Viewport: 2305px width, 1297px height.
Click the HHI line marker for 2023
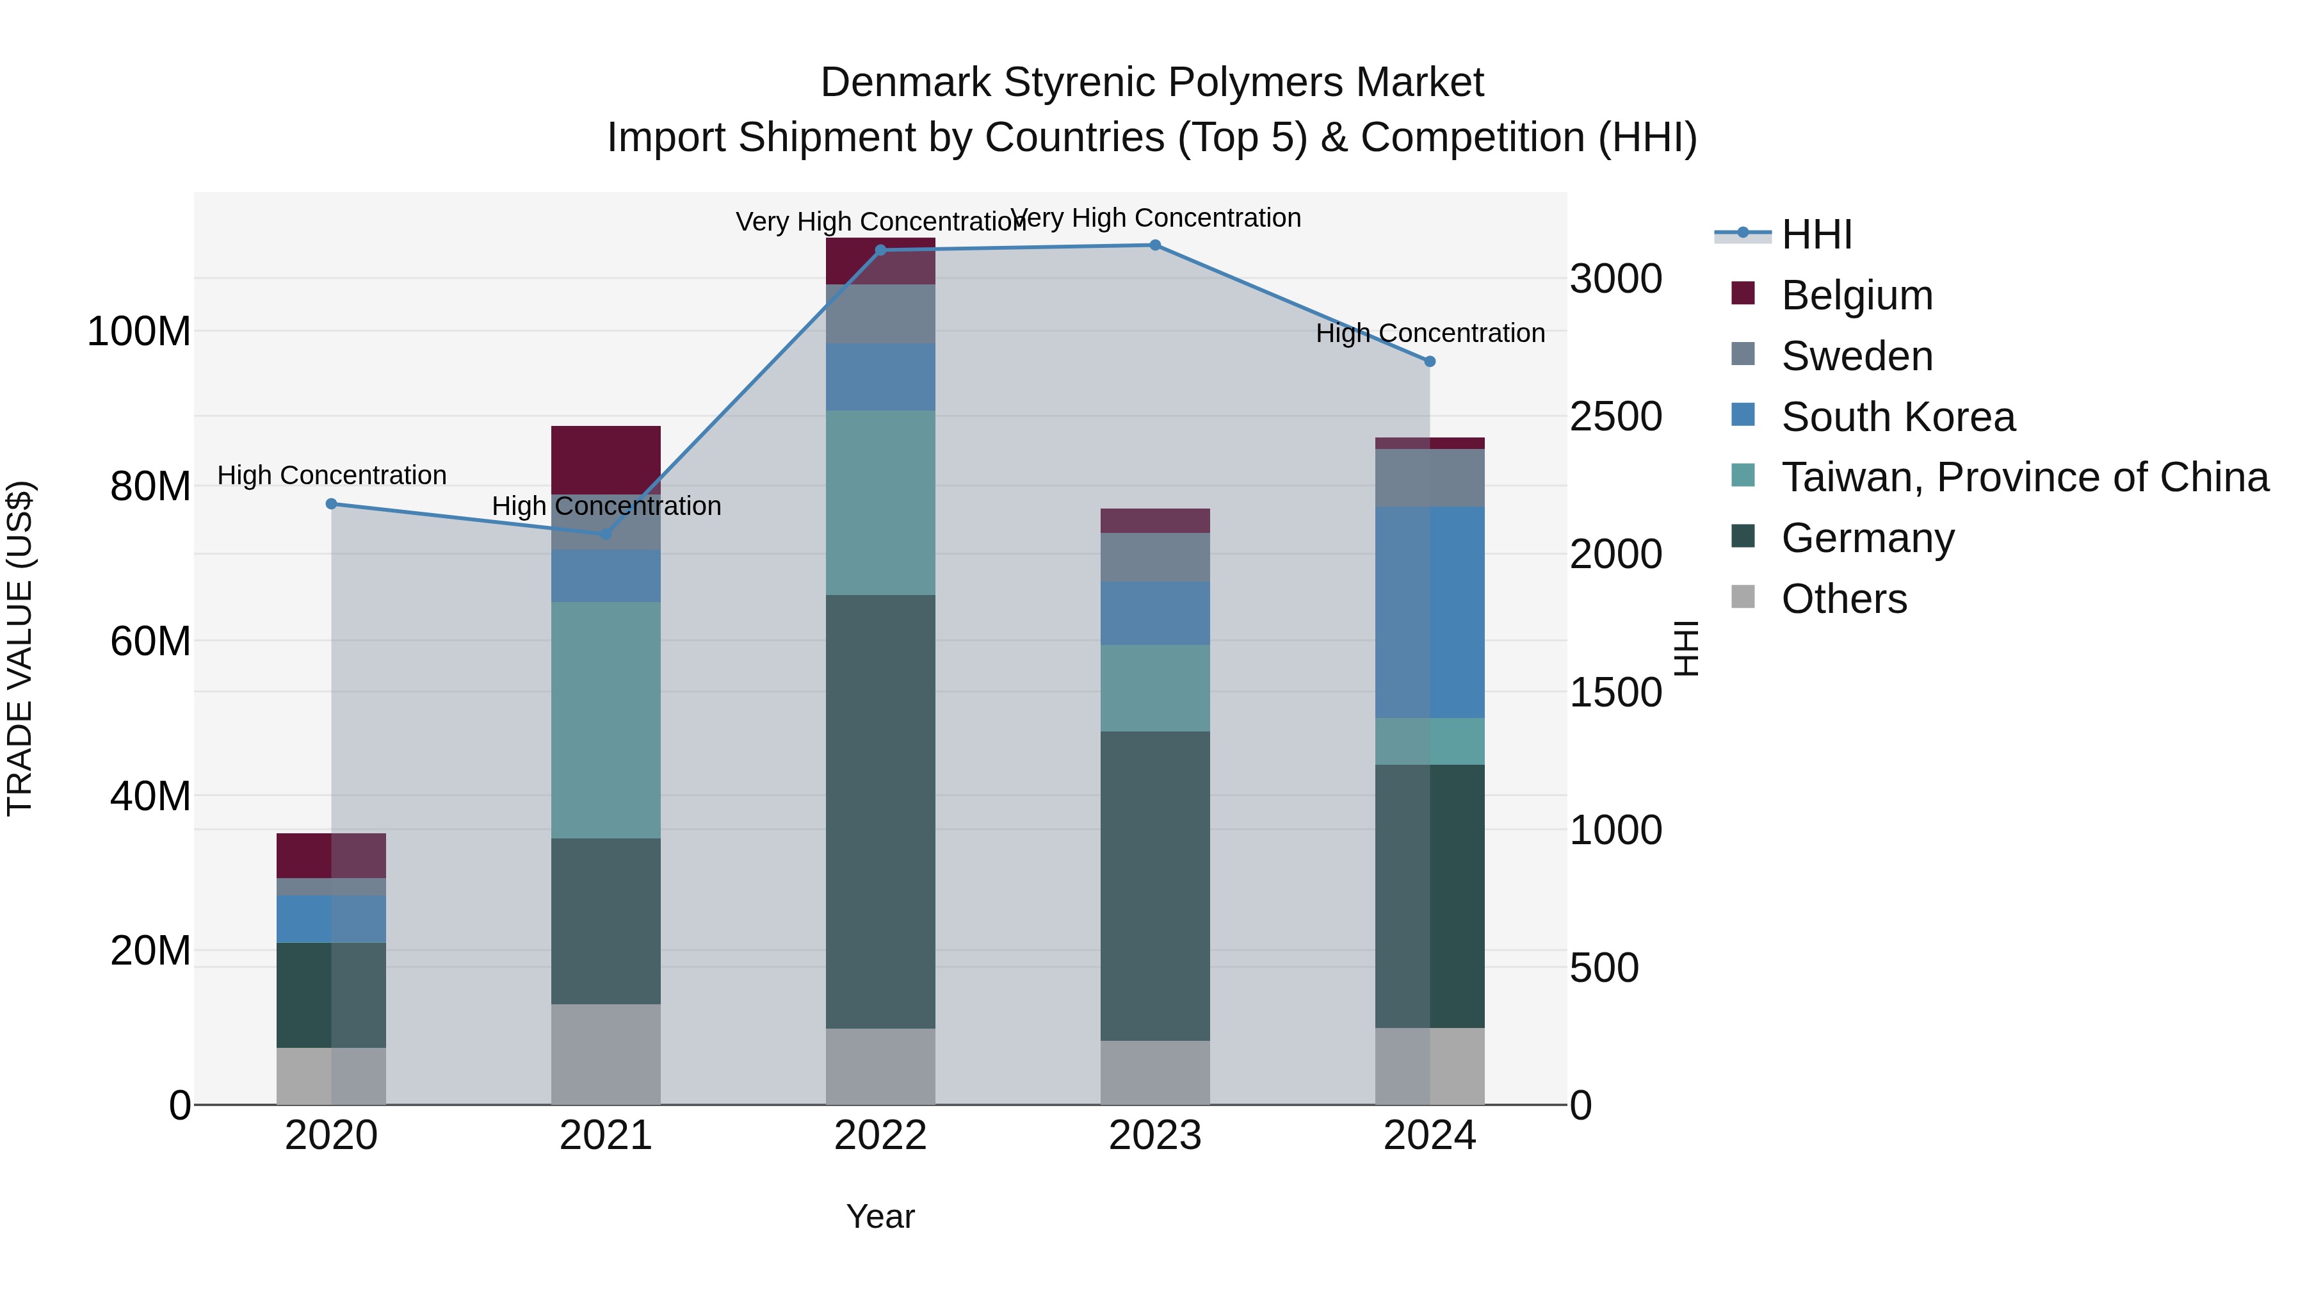[1154, 245]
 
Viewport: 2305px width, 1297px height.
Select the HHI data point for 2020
[331, 504]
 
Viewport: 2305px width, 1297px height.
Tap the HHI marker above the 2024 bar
[1429, 362]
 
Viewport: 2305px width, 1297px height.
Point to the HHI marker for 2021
[606, 534]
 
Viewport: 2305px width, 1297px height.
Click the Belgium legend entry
[1857, 295]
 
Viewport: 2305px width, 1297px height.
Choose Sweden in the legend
[1857, 356]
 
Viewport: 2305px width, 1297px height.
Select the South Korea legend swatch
[1743, 415]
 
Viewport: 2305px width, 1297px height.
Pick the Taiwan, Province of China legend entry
[2024, 477]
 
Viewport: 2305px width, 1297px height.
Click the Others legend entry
[1843, 599]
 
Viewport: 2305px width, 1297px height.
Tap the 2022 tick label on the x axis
[880, 1136]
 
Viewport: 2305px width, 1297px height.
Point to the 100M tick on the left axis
[139, 332]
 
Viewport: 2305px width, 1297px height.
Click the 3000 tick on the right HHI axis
[1616, 279]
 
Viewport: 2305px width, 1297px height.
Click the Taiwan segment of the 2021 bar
[606, 720]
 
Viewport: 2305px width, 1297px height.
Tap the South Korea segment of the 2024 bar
[1429, 612]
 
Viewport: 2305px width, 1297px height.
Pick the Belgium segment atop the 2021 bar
[606, 459]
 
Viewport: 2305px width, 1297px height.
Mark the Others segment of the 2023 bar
[1154, 1072]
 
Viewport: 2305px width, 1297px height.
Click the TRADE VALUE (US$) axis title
[20, 648]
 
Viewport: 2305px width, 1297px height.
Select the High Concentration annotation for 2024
[1429, 333]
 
